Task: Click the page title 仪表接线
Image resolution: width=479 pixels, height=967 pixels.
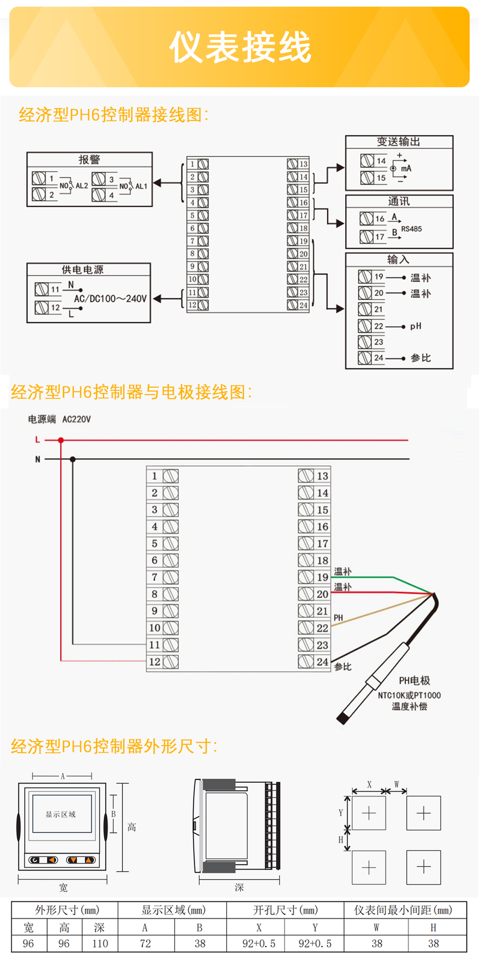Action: [x=240, y=47]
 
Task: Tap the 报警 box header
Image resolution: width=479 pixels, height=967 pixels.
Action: [x=89, y=159]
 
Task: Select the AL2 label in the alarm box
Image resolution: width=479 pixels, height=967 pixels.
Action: [x=82, y=186]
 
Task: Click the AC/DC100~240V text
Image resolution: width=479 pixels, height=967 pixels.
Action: [x=110, y=299]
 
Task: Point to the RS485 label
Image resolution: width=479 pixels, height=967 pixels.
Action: [x=412, y=229]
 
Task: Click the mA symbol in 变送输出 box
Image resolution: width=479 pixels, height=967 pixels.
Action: [x=406, y=168]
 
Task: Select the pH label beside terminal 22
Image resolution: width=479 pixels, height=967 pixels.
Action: [x=416, y=326]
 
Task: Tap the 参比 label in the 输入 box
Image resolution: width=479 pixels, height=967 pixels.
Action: [x=420, y=358]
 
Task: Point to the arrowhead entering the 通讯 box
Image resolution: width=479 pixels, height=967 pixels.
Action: [x=340, y=224]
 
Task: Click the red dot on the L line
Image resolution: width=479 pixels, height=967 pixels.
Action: [x=61, y=440]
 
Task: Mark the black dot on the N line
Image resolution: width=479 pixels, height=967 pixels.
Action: [x=73, y=459]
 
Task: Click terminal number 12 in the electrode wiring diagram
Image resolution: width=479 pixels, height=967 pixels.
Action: [x=154, y=662]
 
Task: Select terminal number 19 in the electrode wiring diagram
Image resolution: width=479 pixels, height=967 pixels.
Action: [x=322, y=577]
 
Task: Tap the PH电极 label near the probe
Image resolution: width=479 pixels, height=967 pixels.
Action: [x=414, y=680]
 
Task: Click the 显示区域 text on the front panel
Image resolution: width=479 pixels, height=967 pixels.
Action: [x=61, y=814]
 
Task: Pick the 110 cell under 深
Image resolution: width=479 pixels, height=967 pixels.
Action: [x=100, y=944]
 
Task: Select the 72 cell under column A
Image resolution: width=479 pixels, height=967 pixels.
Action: [x=145, y=944]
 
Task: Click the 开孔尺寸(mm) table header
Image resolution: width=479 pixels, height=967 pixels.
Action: [x=285, y=910]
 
